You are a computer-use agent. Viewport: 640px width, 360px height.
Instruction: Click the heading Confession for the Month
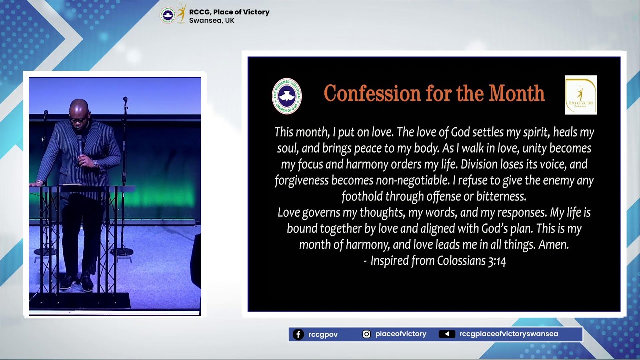click(434, 94)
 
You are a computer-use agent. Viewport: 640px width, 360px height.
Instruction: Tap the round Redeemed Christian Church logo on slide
click(286, 96)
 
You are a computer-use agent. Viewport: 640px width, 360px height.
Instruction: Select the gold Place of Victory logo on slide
click(580, 95)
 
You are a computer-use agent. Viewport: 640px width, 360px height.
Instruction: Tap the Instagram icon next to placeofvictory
click(366, 334)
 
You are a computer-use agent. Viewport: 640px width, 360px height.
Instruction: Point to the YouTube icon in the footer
click(446, 334)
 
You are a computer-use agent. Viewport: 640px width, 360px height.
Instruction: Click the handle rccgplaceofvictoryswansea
click(508, 334)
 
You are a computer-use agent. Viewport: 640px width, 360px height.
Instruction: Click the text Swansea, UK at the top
click(212, 21)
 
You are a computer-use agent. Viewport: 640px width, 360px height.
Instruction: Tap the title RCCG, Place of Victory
click(229, 12)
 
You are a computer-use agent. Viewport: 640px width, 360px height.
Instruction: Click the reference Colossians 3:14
click(471, 261)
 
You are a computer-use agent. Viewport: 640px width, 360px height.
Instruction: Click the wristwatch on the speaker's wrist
click(95, 163)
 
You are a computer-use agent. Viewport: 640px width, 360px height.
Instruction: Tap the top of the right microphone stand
click(125, 100)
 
